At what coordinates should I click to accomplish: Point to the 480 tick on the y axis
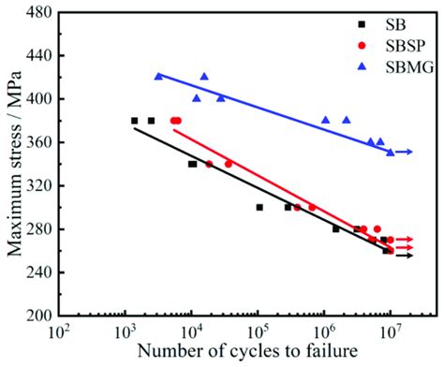point(38,12)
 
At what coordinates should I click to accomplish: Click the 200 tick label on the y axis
point(38,316)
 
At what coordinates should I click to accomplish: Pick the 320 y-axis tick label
point(38,185)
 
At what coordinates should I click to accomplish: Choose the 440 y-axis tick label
point(38,55)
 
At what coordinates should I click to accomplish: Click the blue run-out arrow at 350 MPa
point(404,152)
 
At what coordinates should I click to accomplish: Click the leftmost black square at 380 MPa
point(134,121)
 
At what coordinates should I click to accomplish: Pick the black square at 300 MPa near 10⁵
point(259,207)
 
